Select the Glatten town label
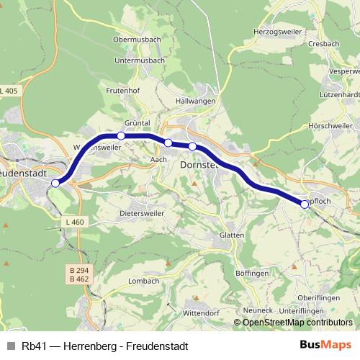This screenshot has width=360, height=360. point(232,235)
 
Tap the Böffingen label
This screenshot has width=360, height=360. point(252,274)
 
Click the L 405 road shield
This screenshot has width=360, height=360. point(9,91)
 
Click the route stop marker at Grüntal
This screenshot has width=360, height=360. point(121,135)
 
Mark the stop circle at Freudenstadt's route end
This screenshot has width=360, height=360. point(55,183)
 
